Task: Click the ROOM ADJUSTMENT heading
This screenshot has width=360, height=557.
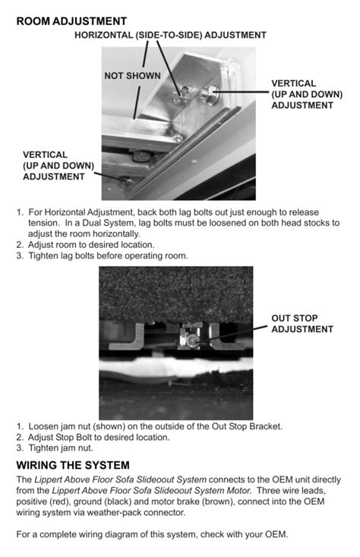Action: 71,21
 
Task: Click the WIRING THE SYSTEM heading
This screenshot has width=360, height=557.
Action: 73,465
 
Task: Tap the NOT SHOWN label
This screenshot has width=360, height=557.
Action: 132,76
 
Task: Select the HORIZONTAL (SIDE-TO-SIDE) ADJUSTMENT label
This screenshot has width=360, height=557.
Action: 170,35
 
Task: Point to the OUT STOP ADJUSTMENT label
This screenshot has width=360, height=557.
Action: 302,324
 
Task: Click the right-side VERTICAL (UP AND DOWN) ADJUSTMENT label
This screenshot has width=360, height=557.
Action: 304,94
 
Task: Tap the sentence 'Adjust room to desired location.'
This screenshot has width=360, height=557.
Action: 91,245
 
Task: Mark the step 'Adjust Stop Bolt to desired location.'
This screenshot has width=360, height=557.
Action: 99,438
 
